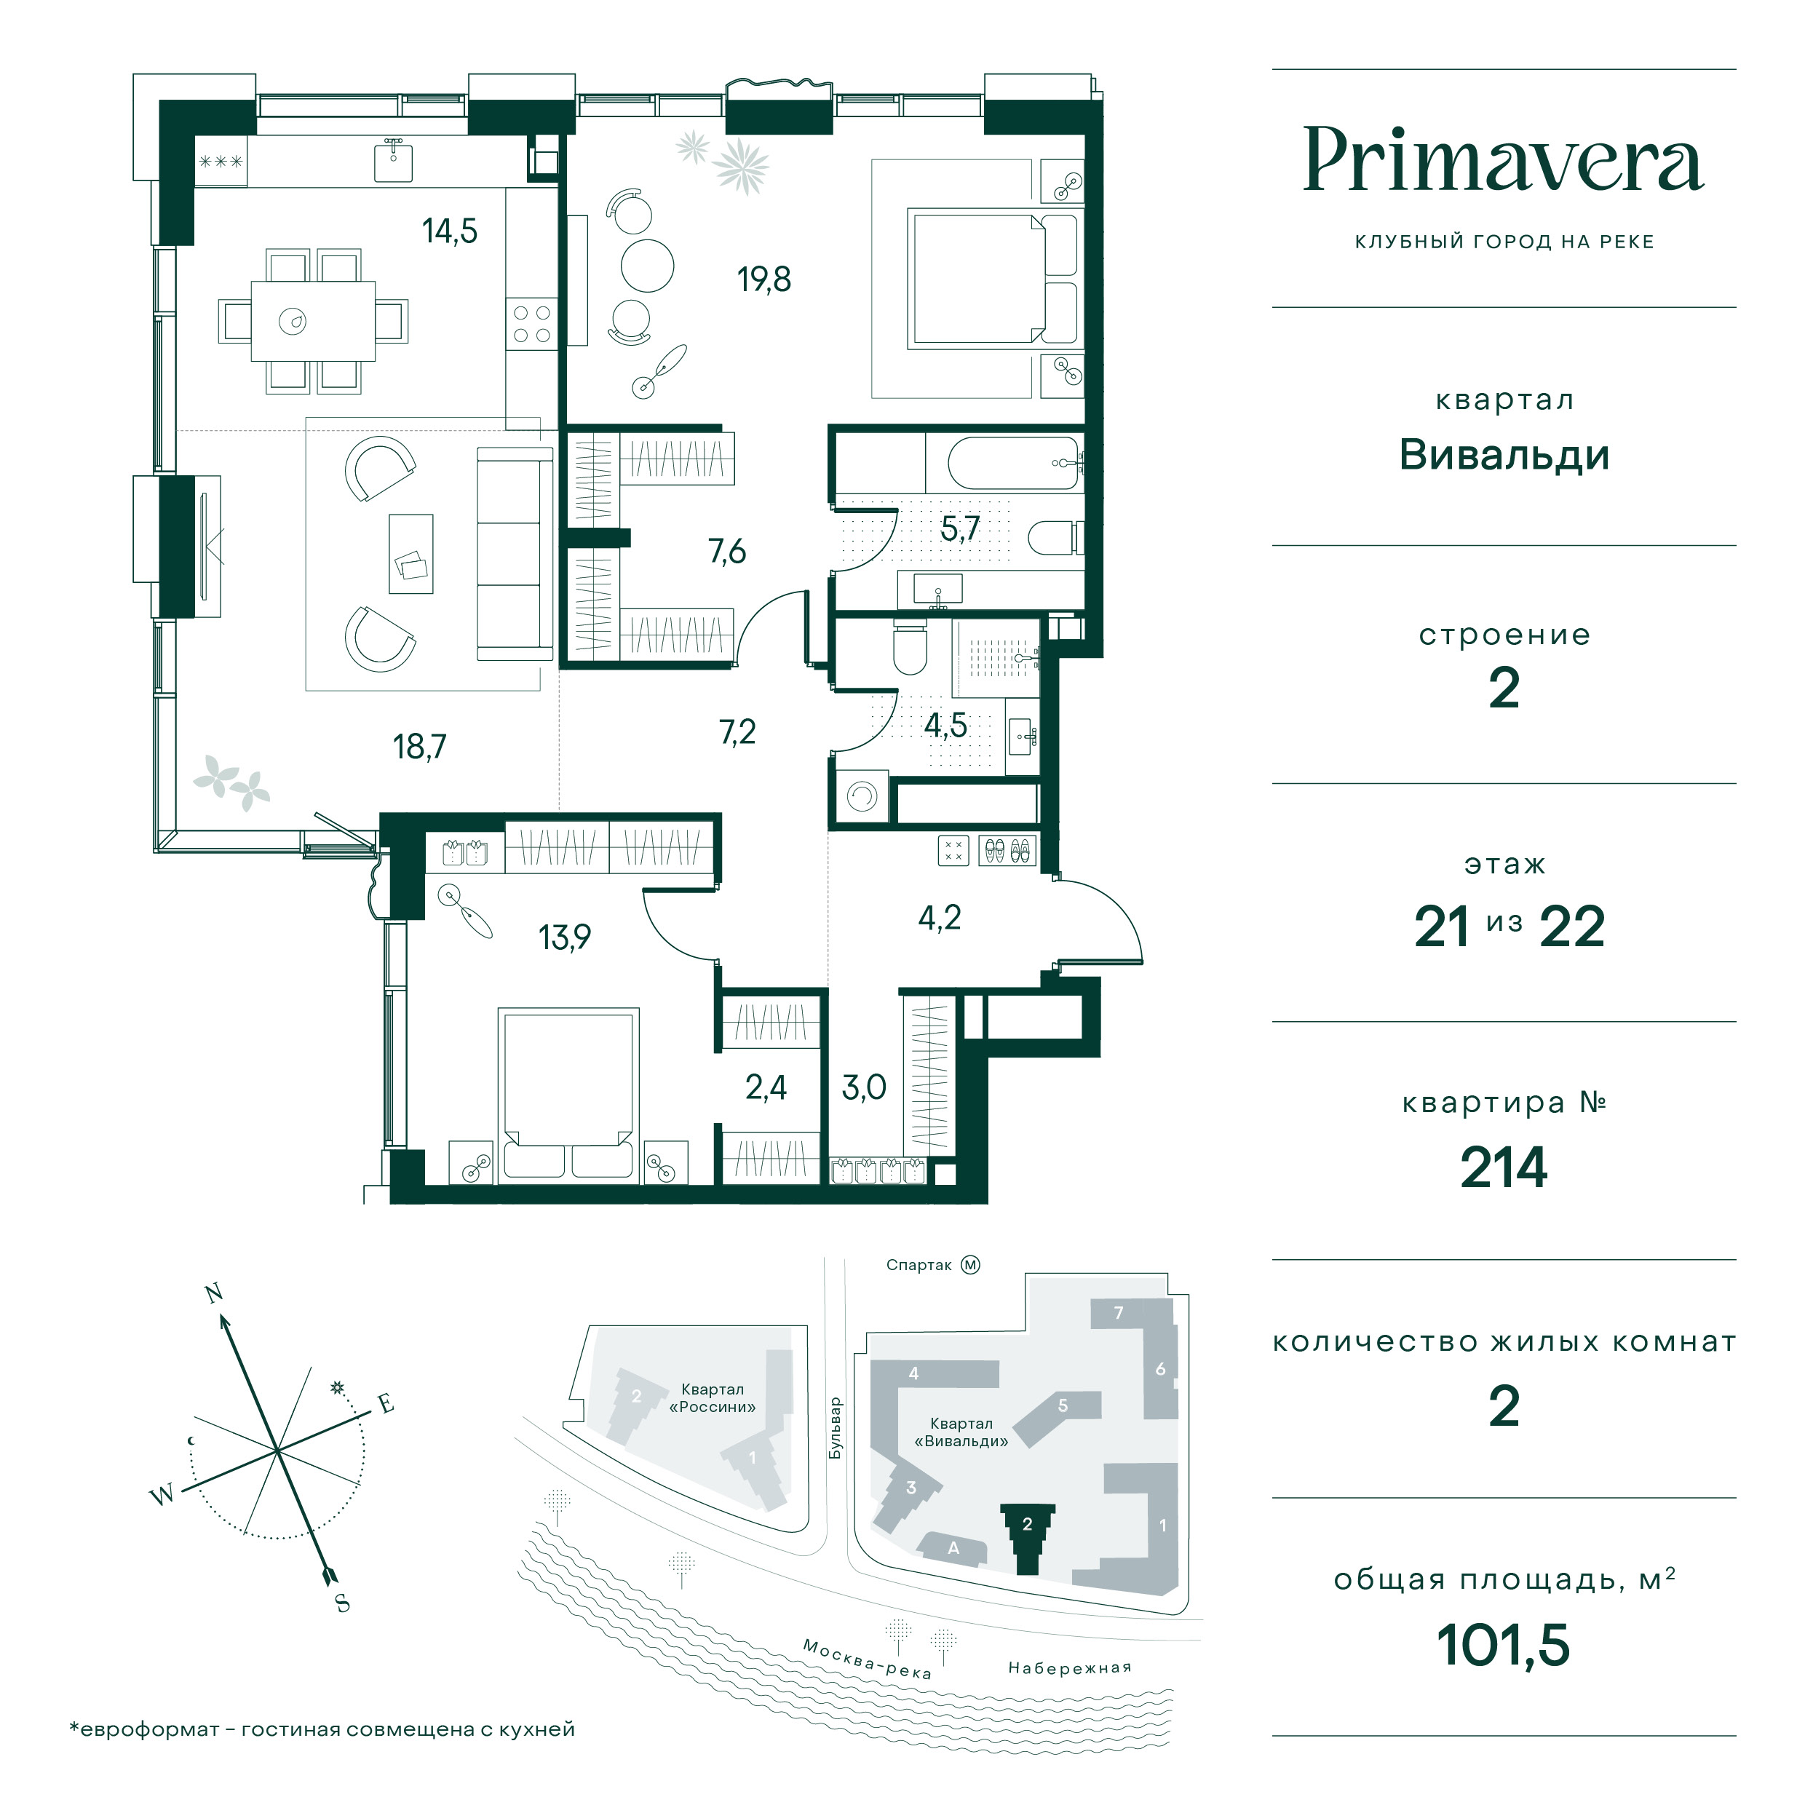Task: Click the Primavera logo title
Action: point(1502,161)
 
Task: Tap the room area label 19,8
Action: point(764,279)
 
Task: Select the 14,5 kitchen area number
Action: point(449,230)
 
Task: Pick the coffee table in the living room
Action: point(411,553)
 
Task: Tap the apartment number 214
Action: point(1503,1168)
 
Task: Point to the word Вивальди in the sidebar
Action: point(1503,455)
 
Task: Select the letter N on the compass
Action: point(214,1293)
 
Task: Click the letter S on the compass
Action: point(343,1604)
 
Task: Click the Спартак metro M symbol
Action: point(971,1265)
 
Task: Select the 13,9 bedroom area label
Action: point(564,937)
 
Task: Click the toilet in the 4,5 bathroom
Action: point(909,646)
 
